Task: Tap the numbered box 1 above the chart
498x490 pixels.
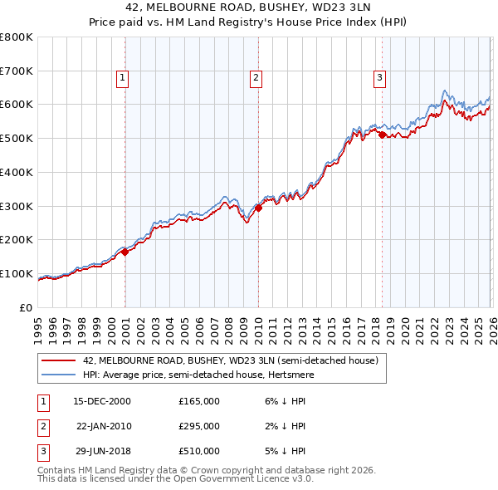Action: click(122, 79)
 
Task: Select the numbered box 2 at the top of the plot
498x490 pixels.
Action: click(255, 79)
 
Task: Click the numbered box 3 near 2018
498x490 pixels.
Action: click(379, 79)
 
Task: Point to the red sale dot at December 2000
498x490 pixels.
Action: click(125, 252)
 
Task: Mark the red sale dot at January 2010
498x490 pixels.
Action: click(258, 208)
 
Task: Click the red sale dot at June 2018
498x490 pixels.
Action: click(382, 135)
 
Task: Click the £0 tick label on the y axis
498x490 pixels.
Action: click(27, 307)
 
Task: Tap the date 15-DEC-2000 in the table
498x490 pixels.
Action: click(102, 401)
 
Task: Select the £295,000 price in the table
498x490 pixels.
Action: click(199, 426)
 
